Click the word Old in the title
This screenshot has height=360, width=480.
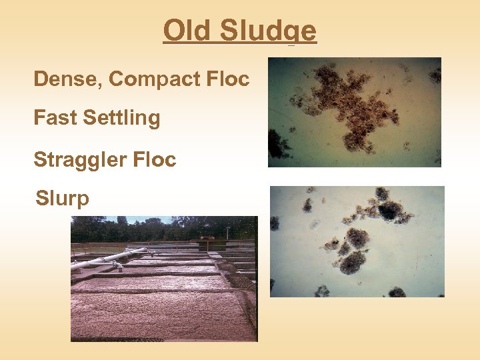[187, 31]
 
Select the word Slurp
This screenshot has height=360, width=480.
[62, 199]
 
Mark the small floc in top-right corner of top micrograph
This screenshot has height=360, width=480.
[434, 75]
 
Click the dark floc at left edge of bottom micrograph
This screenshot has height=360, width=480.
[274, 223]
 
